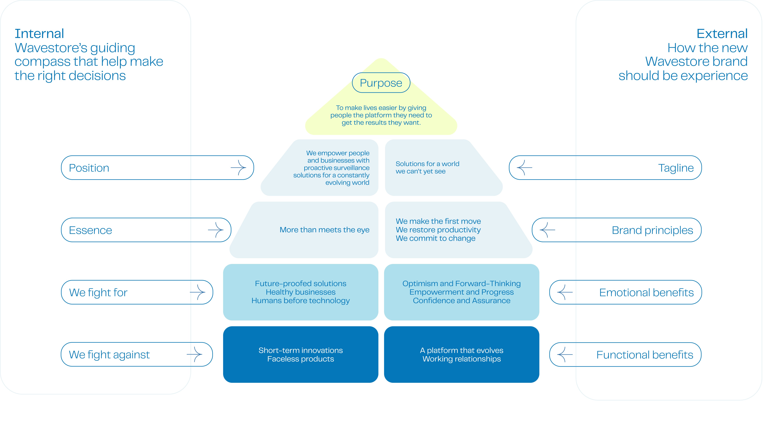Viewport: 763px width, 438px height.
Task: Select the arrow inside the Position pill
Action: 238,168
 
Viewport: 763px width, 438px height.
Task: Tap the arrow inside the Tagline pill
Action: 524,168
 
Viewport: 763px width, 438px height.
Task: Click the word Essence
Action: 90,230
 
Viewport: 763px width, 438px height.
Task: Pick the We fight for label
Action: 98,292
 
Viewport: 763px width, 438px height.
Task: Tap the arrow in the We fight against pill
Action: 194,354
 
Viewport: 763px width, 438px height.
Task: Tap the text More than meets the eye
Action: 324,230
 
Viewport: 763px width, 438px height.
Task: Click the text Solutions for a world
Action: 427,164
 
